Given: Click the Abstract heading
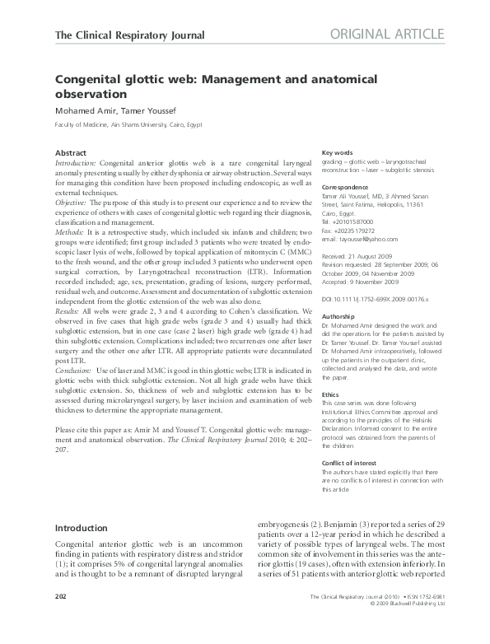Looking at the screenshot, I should pyautogui.click(x=70, y=154).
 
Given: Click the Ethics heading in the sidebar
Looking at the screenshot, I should pyautogui.click(x=332, y=395).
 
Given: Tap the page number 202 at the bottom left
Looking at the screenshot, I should pyautogui.click(x=60, y=618).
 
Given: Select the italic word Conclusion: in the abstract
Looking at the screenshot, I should pyautogui.click(x=77, y=372).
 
